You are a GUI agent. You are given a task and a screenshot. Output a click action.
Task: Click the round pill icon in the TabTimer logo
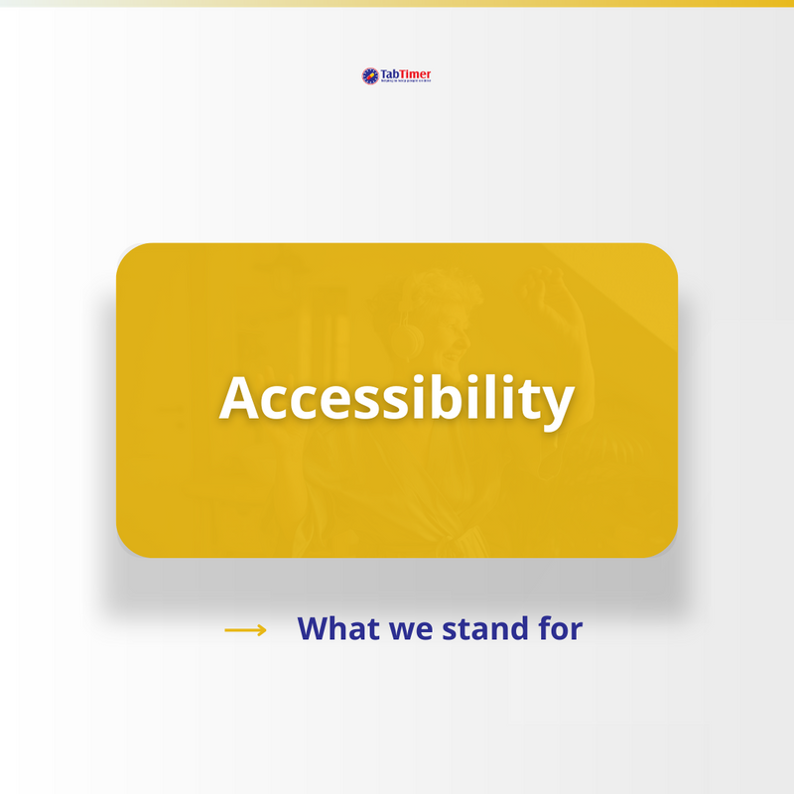point(370,75)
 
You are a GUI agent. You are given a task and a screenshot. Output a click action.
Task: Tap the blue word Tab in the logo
point(389,73)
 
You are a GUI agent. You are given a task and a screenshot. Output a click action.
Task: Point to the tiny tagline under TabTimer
point(406,81)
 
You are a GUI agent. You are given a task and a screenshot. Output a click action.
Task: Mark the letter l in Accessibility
point(497,396)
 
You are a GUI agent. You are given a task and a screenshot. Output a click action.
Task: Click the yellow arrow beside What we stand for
point(245,629)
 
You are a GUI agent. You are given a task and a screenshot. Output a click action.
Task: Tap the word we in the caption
point(401,630)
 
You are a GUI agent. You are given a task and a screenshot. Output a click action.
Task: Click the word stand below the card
point(482,628)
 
